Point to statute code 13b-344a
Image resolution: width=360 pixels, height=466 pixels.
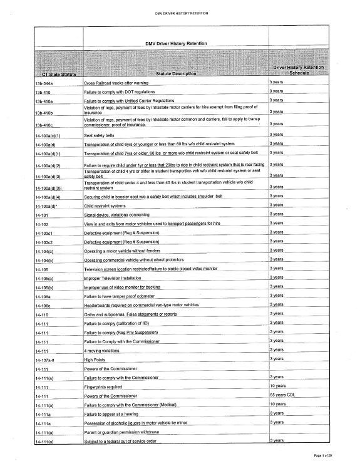click(46, 83)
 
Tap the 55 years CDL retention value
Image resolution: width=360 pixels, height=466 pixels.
click(282, 395)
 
